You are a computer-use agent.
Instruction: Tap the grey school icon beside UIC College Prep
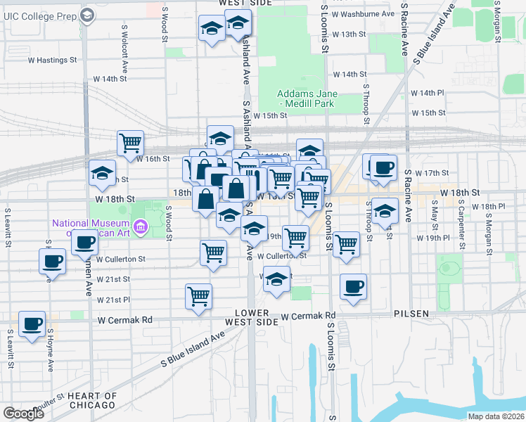87,15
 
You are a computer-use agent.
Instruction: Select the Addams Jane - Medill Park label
307,99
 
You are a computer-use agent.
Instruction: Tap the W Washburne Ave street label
363,13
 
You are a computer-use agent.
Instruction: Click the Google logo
24,413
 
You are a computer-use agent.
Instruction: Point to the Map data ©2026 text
496,416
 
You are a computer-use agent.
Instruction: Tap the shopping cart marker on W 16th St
131,143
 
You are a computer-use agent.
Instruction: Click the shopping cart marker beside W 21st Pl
199,295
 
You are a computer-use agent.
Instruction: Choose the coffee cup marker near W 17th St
383,167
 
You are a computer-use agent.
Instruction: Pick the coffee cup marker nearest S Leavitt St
32,324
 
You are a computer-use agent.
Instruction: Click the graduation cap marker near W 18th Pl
384,211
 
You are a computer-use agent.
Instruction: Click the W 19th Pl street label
432,238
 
